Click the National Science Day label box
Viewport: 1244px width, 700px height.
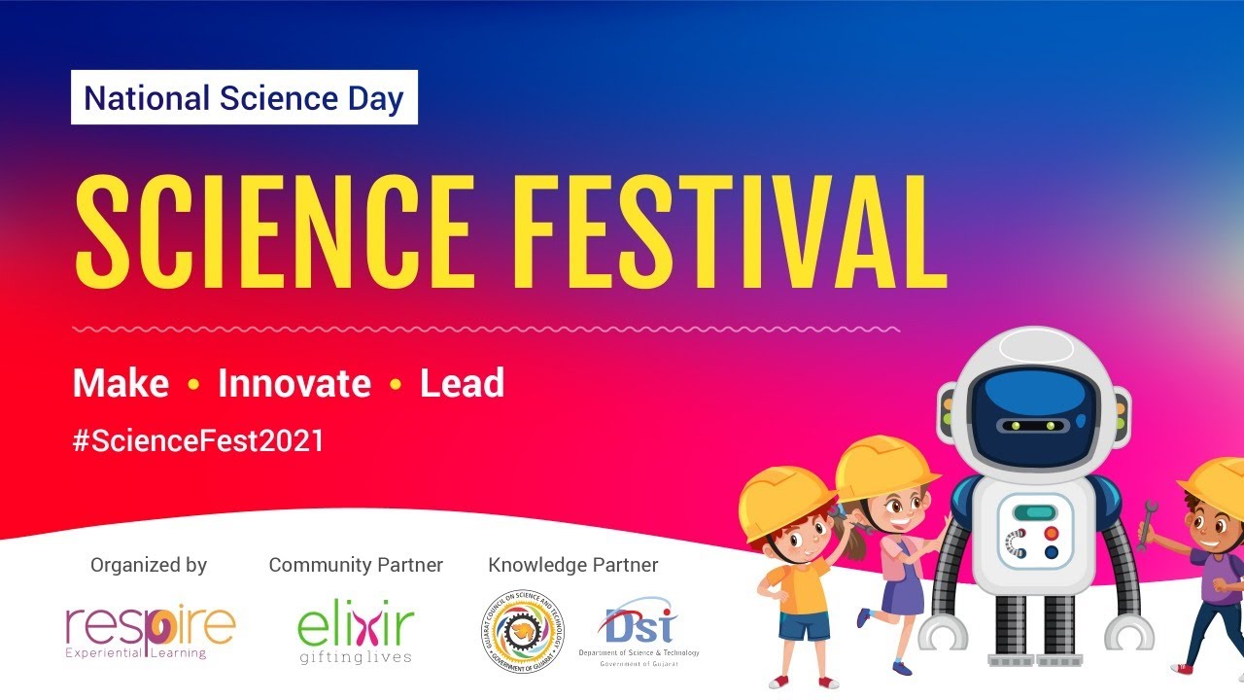click(x=244, y=97)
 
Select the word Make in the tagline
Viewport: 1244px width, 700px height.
click(x=121, y=383)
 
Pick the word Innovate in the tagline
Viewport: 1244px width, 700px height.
click(x=294, y=383)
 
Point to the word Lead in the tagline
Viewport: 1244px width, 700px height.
click(x=462, y=383)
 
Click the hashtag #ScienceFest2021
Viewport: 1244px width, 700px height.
click(x=198, y=440)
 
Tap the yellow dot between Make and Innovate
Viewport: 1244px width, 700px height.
click(x=192, y=385)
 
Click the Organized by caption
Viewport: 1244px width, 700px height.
click(x=149, y=565)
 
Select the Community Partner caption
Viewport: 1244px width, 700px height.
click(x=356, y=565)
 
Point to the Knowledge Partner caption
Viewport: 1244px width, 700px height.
click(x=572, y=565)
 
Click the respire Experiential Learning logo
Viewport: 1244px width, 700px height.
click(x=150, y=630)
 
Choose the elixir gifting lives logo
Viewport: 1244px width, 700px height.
click(x=356, y=633)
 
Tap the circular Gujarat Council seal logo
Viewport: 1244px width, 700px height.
click(x=522, y=633)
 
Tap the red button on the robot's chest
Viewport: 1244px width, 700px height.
click(x=1052, y=533)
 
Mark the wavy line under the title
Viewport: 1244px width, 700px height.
click(x=486, y=330)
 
